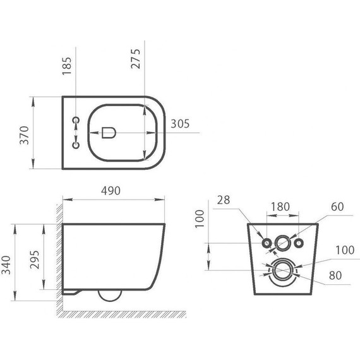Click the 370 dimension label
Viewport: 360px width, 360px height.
[25, 135]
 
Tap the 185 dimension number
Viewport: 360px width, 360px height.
[67, 66]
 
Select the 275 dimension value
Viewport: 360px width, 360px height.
[135, 59]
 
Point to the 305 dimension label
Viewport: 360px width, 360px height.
[180, 124]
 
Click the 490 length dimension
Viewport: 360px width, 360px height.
[111, 191]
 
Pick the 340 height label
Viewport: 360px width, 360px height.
[6, 265]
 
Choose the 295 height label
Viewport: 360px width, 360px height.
[35, 260]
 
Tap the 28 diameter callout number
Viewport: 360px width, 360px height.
[224, 200]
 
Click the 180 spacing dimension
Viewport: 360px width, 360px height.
[280, 207]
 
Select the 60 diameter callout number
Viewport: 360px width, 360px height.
[337, 207]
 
